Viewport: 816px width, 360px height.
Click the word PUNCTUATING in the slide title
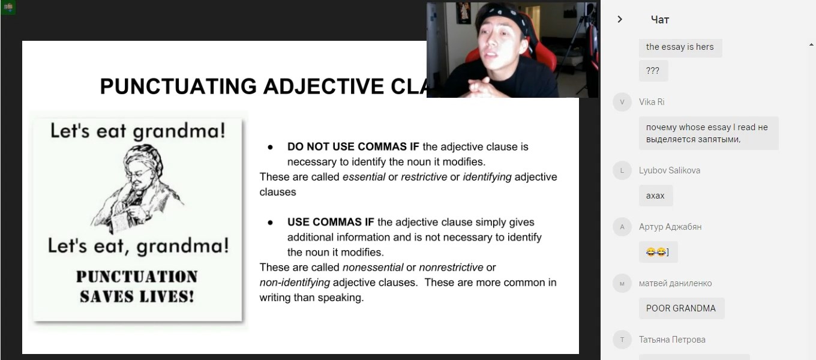178,86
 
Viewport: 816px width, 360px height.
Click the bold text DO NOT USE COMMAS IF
353,146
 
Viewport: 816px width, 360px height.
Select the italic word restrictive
424,177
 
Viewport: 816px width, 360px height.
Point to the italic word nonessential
373,267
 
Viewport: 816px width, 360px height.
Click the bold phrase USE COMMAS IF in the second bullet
331,222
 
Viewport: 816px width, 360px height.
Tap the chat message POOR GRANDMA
681,308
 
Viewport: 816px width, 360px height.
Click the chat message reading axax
655,196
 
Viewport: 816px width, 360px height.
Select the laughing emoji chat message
658,252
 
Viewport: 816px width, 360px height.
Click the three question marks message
653,71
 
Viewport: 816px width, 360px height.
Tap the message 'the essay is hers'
680,47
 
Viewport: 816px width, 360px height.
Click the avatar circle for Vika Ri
622,102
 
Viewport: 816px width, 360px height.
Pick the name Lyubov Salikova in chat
669,170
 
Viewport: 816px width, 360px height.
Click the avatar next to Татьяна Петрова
622,340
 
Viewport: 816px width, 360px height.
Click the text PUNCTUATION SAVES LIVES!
137,287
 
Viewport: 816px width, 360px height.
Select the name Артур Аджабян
670,227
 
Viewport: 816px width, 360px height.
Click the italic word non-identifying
295,283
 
